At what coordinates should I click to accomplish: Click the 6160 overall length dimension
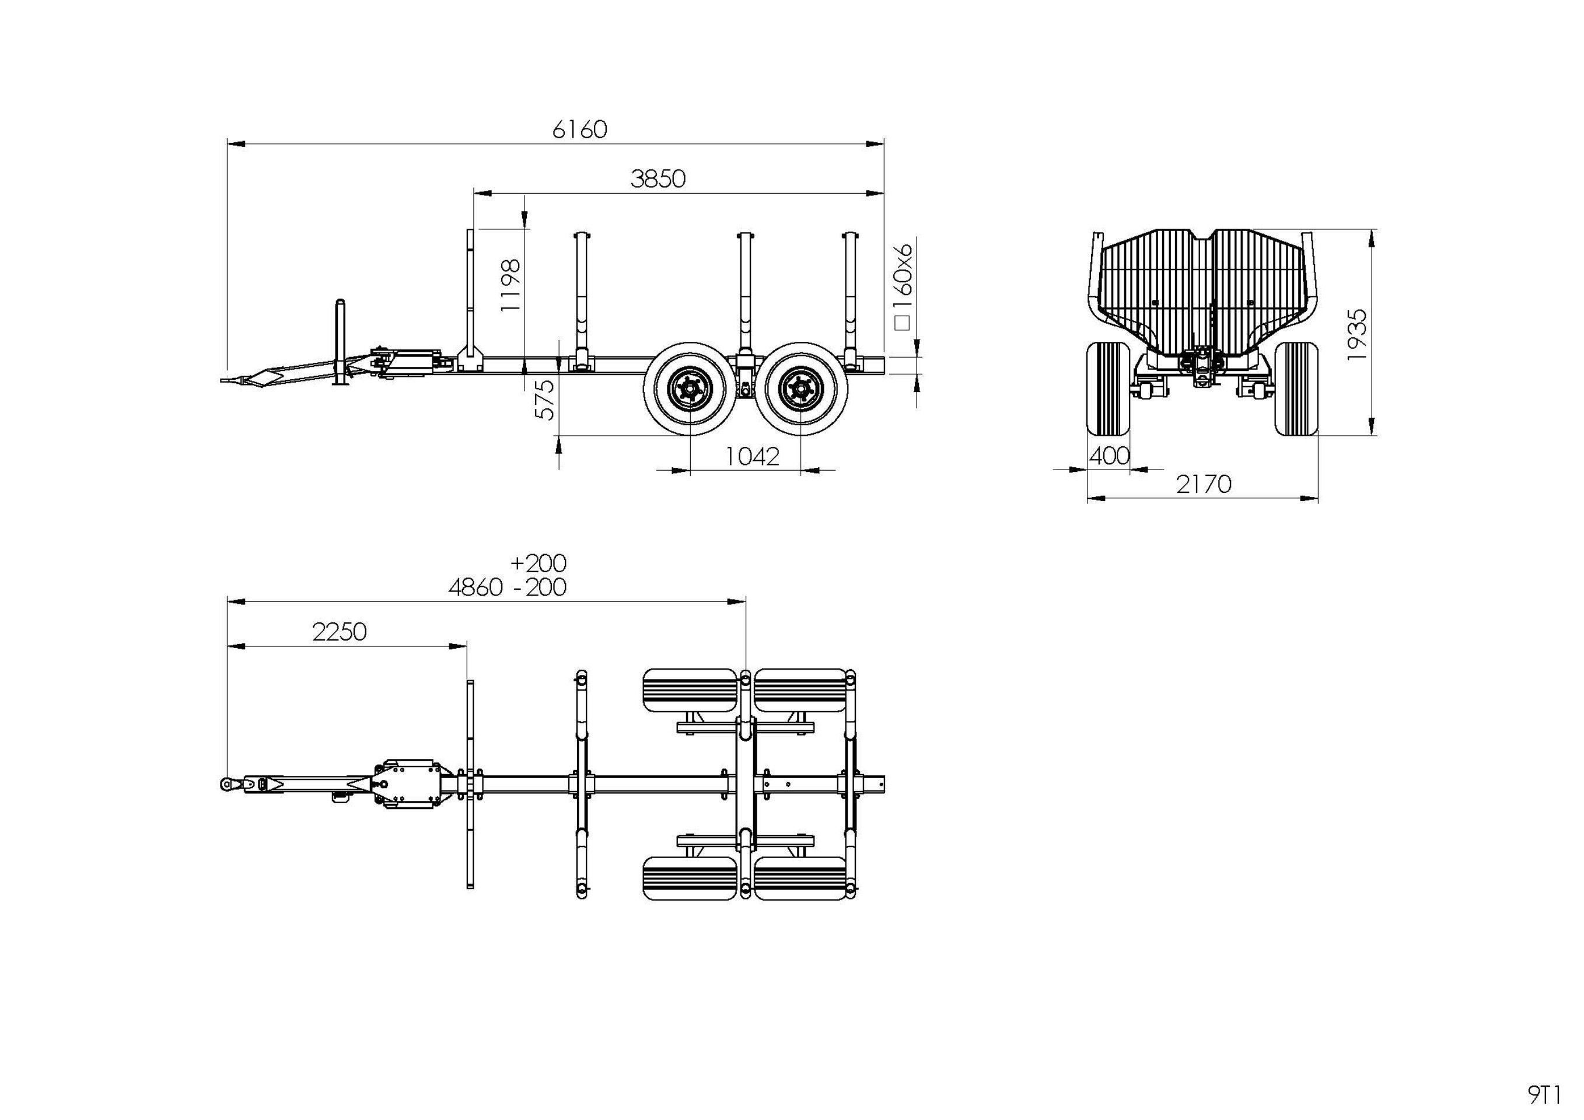(x=579, y=129)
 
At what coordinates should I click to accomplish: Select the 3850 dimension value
(x=658, y=179)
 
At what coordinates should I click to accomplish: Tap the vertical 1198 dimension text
(x=510, y=285)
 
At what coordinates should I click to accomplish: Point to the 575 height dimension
(x=545, y=400)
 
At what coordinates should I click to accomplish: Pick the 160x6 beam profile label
(x=903, y=285)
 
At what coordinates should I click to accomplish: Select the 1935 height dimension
(x=1356, y=334)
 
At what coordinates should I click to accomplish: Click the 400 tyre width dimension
(x=1109, y=456)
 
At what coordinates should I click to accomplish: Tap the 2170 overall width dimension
(x=1203, y=484)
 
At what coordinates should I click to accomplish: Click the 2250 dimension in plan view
(x=339, y=632)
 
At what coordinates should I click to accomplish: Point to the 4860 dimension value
(x=475, y=587)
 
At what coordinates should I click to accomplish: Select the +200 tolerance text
(x=538, y=563)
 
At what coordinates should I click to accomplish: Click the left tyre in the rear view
(x=1107, y=388)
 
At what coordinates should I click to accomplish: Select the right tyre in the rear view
(x=1296, y=388)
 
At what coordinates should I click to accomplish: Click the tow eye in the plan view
(x=227, y=783)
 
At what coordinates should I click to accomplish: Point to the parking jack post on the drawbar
(x=340, y=341)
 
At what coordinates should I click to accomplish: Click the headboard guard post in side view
(x=469, y=296)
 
